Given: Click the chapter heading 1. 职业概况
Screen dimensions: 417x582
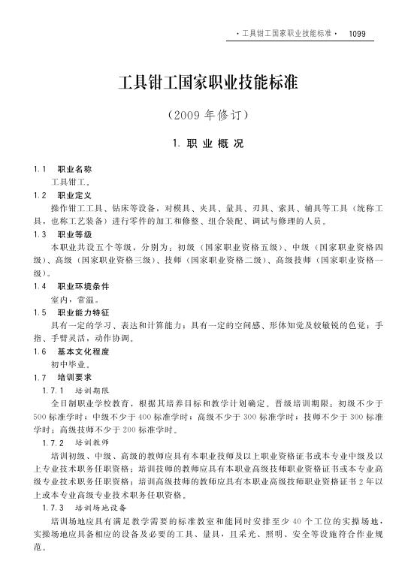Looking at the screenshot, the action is click(x=208, y=143).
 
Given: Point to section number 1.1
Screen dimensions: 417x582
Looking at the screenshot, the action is click(x=40, y=170).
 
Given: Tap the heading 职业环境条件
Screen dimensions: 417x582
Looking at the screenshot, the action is click(x=83, y=286).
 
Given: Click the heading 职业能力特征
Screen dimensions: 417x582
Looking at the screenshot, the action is click(x=83, y=312).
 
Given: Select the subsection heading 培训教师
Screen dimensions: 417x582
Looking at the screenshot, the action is click(x=92, y=443).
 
